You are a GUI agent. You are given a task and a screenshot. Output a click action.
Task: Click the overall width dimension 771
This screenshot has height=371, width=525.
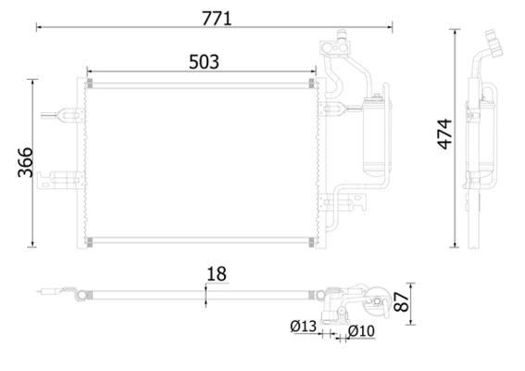pyautogui.click(x=217, y=19)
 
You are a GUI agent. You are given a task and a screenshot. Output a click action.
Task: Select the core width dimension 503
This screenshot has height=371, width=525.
pyautogui.click(x=204, y=62)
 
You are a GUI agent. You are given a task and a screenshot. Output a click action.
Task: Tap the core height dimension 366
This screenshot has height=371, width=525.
pyautogui.click(x=25, y=162)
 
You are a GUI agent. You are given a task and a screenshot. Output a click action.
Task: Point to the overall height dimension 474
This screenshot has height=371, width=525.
pyautogui.click(x=444, y=134)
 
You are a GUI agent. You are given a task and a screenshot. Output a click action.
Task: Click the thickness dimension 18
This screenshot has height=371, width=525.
pyautogui.click(x=217, y=274)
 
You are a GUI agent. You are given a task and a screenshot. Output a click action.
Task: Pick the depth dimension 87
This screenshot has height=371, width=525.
pyautogui.click(x=401, y=301)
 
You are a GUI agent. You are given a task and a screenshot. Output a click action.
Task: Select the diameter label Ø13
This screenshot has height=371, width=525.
pyautogui.click(x=304, y=326)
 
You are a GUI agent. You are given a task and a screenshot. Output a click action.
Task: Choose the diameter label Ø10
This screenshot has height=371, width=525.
pyautogui.click(x=361, y=331)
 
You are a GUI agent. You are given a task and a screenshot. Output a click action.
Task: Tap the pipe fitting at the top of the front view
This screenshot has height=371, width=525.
pyautogui.click(x=336, y=44)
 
